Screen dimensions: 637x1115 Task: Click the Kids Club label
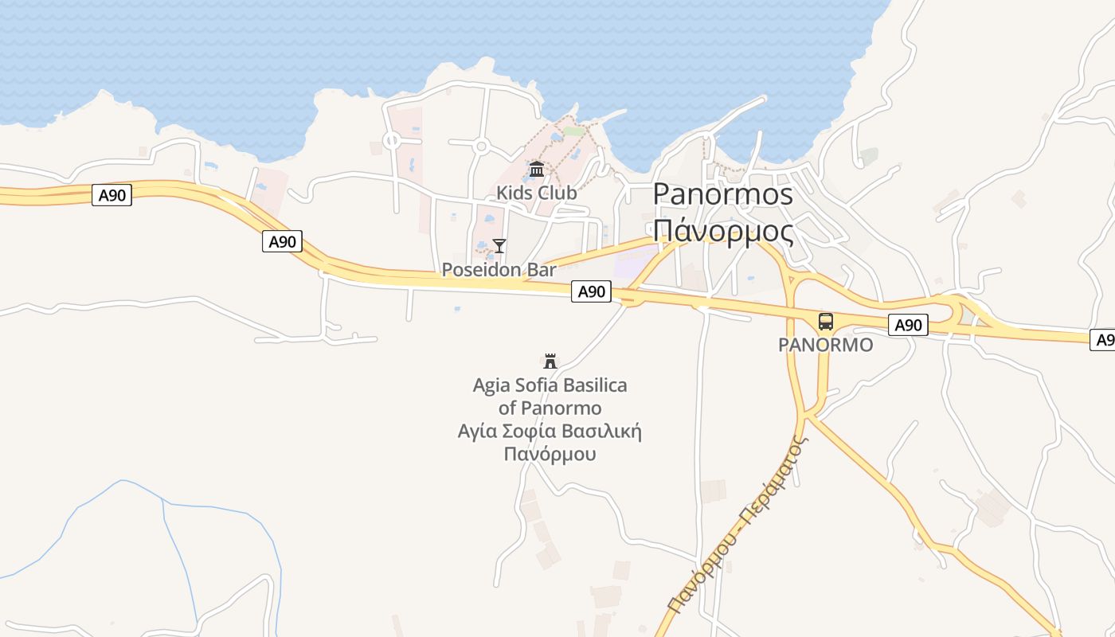537,193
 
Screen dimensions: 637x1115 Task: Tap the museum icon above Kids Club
537,169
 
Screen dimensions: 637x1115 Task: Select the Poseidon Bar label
499,270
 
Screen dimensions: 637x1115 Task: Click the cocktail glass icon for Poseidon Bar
499,245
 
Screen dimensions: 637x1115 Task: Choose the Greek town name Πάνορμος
723,232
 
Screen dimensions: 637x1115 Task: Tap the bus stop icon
826,322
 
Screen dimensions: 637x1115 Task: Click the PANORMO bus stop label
826,346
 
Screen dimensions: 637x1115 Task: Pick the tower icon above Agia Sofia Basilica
550,361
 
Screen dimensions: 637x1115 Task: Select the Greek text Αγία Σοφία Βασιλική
550,432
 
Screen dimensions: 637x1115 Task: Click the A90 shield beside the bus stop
908,325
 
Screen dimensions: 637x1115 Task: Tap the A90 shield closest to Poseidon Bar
591,291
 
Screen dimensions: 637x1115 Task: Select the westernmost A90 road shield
111,195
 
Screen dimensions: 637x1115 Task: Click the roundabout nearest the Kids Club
480,147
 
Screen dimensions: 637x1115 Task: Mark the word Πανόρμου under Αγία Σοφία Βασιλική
550,455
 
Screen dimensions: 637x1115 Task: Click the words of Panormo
550,408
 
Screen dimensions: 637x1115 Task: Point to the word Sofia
534,386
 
